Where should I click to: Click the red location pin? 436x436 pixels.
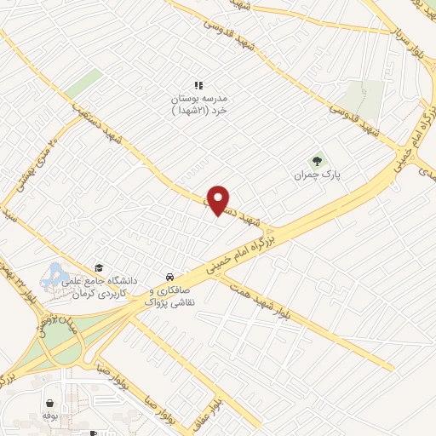click(x=220, y=200)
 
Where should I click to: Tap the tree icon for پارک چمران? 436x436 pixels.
click(x=317, y=159)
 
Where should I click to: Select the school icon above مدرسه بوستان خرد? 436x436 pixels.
click(x=199, y=85)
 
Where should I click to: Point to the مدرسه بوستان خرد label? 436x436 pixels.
click(x=199, y=104)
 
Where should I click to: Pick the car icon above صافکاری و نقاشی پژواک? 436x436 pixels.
click(x=170, y=278)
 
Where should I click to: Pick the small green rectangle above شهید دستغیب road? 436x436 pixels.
click(x=83, y=83)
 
